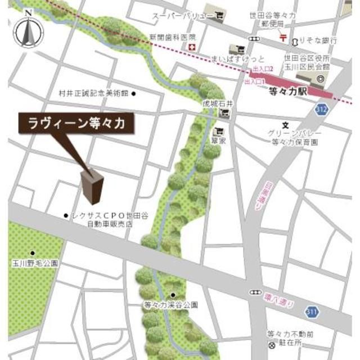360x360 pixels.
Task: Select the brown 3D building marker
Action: (x=92, y=186)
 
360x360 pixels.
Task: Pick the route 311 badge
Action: (x=313, y=311)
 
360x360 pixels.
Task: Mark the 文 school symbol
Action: (x=285, y=125)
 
